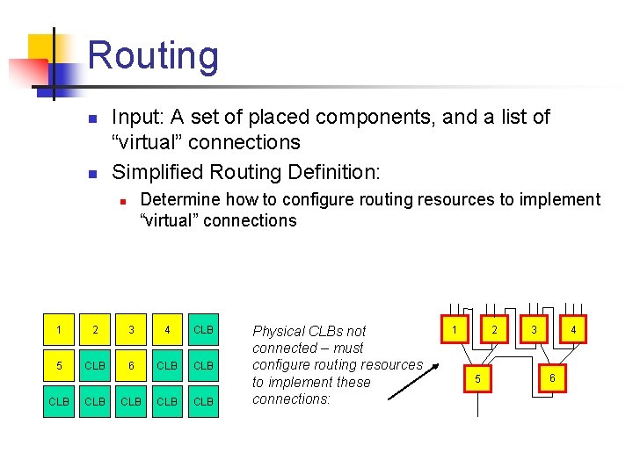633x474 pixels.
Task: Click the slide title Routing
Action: [153, 55]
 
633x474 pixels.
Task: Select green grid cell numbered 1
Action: [59, 331]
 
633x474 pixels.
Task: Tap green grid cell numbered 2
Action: [96, 331]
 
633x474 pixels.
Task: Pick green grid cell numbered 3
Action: [132, 331]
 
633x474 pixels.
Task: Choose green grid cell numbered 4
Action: [168, 331]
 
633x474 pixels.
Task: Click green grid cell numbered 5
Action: [59, 365]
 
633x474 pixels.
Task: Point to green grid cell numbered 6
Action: [132, 365]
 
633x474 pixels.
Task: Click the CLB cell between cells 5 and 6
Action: [96, 365]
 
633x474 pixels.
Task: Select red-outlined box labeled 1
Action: [455, 330]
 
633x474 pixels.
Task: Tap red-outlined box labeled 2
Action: [494, 330]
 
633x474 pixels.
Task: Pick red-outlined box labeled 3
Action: [533, 330]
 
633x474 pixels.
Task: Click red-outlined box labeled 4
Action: [572, 330]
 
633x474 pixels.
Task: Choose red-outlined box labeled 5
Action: [478, 377]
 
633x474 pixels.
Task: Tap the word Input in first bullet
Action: [135, 117]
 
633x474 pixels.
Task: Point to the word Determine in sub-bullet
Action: [179, 199]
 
